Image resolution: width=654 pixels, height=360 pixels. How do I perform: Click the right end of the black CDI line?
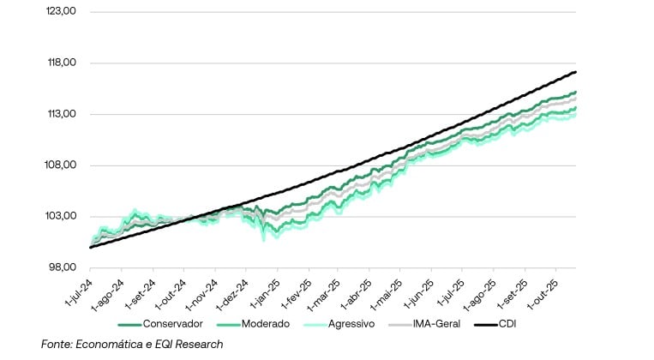574,72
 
